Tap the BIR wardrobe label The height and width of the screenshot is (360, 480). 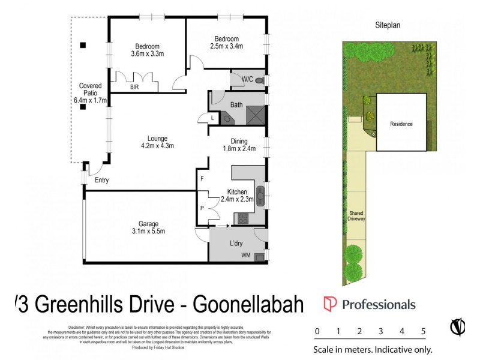click(x=135, y=87)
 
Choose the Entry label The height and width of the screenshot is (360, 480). click(x=102, y=179)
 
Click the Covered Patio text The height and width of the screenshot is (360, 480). click(x=88, y=93)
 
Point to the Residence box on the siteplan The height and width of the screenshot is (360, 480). click(x=401, y=124)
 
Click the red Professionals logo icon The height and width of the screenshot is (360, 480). click(x=329, y=304)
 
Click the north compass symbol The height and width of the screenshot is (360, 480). click(x=458, y=328)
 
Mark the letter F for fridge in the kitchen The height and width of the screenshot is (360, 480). click(x=202, y=179)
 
